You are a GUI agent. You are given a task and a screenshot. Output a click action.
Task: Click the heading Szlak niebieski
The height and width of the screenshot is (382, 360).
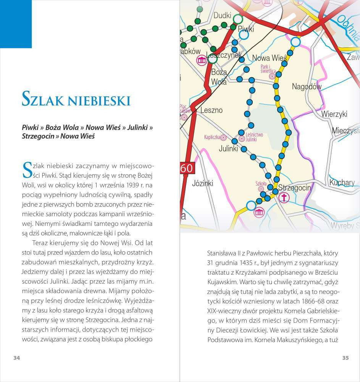pyautogui.click(x=76, y=98)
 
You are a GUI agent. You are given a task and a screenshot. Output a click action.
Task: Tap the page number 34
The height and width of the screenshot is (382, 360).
pyautogui.click(x=16, y=358)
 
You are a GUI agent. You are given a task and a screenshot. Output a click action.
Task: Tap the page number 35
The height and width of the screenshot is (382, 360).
pyautogui.click(x=345, y=358)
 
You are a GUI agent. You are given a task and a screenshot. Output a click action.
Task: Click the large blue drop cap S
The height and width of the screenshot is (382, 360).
pyautogui.click(x=27, y=170)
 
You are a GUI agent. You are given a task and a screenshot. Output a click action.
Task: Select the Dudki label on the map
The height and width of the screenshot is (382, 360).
pyautogui.click(x=223, y=16)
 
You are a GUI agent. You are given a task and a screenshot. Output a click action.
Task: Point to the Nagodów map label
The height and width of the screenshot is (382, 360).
pyautogui.click(x=307, y=87)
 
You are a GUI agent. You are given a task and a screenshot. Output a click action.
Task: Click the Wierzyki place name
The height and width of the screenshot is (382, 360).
pyautogui.click(x=334, y=114)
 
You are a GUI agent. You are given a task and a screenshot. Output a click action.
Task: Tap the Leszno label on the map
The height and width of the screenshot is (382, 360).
pyautogui.click(x=211, y=110)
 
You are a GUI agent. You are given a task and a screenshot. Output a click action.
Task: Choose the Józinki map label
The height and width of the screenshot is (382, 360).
pyautogui.click(x=203, y=183)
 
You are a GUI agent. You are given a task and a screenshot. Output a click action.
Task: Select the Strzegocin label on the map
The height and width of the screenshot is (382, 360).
pyautogui.click(x=295, y=188)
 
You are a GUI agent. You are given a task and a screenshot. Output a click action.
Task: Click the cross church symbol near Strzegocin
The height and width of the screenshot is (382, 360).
pyautogui.click(x=284, y=197)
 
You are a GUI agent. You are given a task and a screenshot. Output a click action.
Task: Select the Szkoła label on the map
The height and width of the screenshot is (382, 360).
pyautogui.click(x=261, y=184)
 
